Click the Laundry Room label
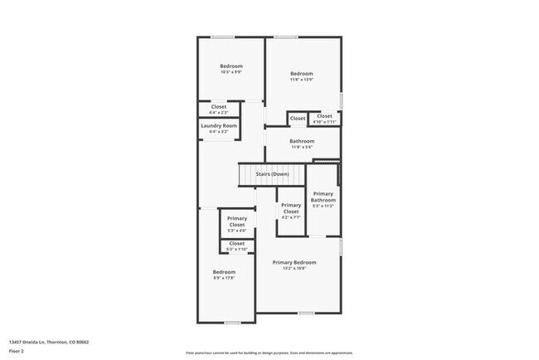pyautogui.click(x=219, y=125)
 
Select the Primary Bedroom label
pyautogui.click(x=294, y=262)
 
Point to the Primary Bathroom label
pyautogui.click(x=323, y=197)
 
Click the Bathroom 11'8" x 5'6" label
pyautogui.click(x=302, y=141)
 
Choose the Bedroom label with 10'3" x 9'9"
pyautogui.click(x=231, y=66)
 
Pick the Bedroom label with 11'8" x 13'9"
pyautogui.click(x=302, y=74)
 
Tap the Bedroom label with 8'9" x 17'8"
pyautogui.click(x=224, y=272)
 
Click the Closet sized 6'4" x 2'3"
pyautogui.click(x=219, y=106)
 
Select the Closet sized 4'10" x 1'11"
pyautogui.click(x=324, y=116)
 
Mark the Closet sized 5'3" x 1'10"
pyautogui.click(x=237, y=243)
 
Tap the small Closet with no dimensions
pyautogui.click(x=298, y=118)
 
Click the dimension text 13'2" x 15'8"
pyautogui.click(x=294, y=268)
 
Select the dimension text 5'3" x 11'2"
pyautogui.click(x=323, y=206)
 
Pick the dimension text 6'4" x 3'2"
pyautogui.click(x=219, y=131)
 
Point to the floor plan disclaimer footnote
pyautogui.click(x=269, y=353)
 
